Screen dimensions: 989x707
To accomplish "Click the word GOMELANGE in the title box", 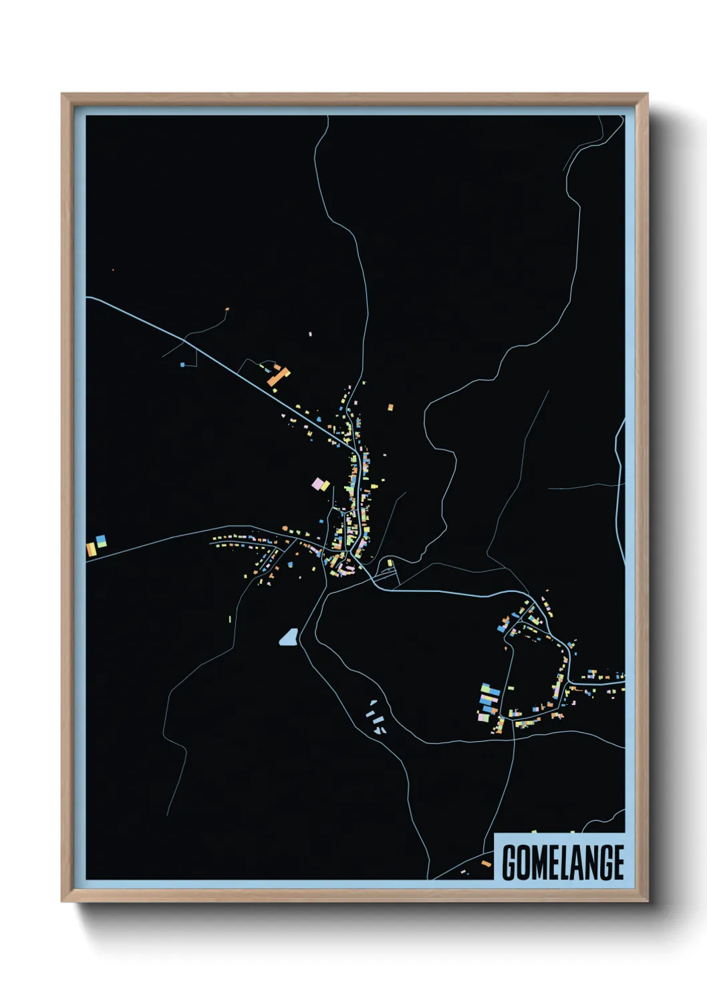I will (x=563, y=862).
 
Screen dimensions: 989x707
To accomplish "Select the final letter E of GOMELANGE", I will (x=617, y=862).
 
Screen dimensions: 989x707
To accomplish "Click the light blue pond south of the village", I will (x=288, y=638).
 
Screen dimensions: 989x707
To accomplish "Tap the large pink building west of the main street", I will (x=317, y=483).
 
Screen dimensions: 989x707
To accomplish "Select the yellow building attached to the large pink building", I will (x=325, y=486).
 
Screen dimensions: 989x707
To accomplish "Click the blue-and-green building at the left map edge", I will (x=101, y=541).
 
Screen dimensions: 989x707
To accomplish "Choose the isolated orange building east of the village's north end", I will (x=391, y=406).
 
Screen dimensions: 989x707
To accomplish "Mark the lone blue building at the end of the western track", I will (x=182, y=365).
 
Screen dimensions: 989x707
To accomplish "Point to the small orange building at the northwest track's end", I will (x=227, y=309).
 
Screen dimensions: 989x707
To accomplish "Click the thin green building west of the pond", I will (x=230, y=619).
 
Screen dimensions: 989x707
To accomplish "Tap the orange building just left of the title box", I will (x=486, y=863).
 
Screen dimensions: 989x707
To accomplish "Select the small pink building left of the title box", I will (x=465, y=872).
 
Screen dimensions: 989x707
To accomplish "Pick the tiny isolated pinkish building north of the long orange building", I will (x=310, y=333).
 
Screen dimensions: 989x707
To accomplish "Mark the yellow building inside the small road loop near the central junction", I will (x=390, y=563).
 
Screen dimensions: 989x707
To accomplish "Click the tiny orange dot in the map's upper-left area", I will (x=113, y=270).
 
